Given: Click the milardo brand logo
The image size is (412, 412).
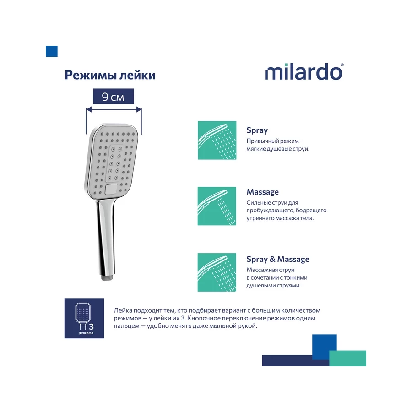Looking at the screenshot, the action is point(304,72).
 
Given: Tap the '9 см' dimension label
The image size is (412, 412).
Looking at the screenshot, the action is point(113,97).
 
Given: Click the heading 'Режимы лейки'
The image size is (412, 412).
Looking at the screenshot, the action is point(110,75).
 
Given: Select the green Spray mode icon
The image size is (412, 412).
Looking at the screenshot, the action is point(217,141).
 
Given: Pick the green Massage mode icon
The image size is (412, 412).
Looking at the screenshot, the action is point(217,206).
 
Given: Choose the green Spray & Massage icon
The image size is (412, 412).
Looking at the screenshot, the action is point(217,272).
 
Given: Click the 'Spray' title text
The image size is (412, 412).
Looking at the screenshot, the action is point(257,130).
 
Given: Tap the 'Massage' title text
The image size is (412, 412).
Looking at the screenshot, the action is point(262,192).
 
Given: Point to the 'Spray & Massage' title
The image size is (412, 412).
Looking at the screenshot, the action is point(278,259).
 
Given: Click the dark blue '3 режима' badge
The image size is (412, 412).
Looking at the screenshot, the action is point(84,318).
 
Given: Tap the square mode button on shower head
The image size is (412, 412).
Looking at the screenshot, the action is point(110,189).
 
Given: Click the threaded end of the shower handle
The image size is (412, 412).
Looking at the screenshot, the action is point(107,277).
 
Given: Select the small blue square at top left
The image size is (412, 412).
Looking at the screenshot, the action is point(51,51).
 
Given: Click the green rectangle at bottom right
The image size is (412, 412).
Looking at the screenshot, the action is point(347,358).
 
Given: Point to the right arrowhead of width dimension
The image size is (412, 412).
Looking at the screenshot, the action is point(139,109).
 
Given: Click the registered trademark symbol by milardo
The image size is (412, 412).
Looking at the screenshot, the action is point(342,65).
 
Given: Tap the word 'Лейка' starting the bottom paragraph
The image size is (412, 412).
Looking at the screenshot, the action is point(123,310).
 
